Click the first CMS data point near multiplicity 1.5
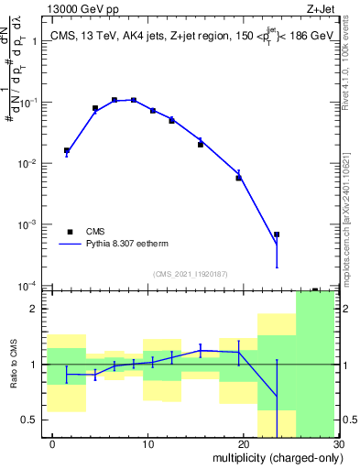coord(67,150)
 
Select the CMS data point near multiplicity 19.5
coord(239,178)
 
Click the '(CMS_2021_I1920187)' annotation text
coord(190,273)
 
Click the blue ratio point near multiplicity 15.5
coord(201,350)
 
